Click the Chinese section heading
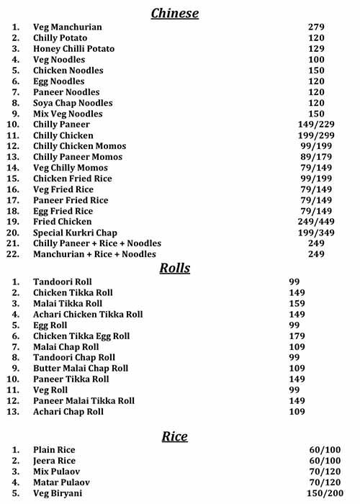click(x=174, y=13)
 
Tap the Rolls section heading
click(x=174, y=268)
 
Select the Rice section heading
click(x=174, y=436)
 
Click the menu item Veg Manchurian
click(x=68, y=27)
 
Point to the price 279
click(x=316, y=27)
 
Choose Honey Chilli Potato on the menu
click(x=73, y=49)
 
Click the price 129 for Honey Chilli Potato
click(x=316, y=49)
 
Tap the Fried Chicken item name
click(x=63, y=222)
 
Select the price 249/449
click(x=316, y=222)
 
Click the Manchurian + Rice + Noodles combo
click(x=94, y=254)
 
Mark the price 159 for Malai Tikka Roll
click(x=297, y=304)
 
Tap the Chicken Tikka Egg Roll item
click(x=81, y=336)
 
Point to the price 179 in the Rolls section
click(x=297, y=336)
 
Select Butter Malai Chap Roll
click(x=81, y=368)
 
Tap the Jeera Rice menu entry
click(x=54, y=461)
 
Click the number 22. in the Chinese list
click(x=13, y=254)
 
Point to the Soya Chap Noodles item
click(x=73, y=103)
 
